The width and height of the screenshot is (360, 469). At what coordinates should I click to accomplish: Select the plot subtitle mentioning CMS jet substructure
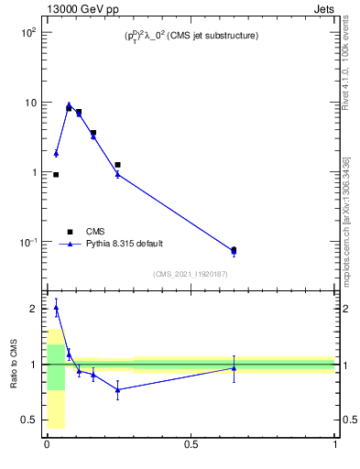pyautogui.click(x=191, y=36)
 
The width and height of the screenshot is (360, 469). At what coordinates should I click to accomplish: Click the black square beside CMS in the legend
pyautogui.click(x=69, y=232)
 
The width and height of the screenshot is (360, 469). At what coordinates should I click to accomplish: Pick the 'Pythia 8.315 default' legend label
pyautogui.click(x=123, y=245)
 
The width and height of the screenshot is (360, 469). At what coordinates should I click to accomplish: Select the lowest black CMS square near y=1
pyautogui.click(x=56, y=174)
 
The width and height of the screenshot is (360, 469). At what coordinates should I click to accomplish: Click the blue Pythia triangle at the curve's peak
pyautogui.click(x=69, y=104)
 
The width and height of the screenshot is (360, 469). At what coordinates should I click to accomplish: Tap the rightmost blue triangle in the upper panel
pyautogui.click(x=234, y=252)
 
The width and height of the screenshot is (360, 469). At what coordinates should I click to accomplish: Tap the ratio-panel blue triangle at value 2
pyautogui.click(x=56, y=309)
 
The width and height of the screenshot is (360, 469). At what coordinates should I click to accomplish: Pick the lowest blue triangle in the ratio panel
pyautogui.click(x=117, y=389)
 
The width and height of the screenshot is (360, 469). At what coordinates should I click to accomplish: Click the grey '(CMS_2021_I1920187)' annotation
pyautogui.click(x=191, y=274)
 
